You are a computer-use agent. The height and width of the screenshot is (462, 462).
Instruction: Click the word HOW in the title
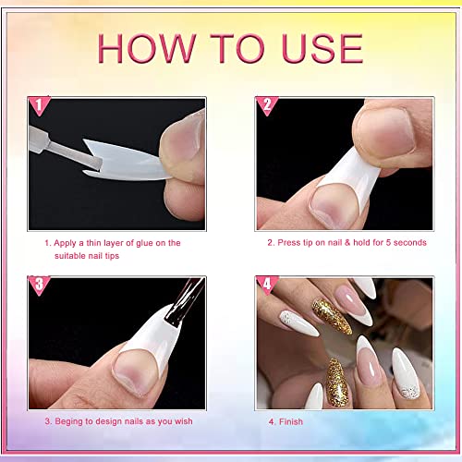point(147,48)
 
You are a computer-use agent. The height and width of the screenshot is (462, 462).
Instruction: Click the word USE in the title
point(322,48)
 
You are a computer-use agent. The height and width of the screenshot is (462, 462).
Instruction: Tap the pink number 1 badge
point(39,105)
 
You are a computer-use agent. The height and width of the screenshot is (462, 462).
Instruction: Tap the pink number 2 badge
point(267,105)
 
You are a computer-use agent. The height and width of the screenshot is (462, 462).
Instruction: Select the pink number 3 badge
point(39,286)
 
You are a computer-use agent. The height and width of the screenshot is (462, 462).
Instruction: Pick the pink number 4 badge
point(267,286)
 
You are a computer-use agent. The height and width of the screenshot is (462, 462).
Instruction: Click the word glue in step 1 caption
point(144,243)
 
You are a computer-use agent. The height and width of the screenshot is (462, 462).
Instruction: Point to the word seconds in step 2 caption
point(410,243)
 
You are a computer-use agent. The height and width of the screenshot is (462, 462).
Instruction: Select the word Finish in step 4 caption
point(291,421)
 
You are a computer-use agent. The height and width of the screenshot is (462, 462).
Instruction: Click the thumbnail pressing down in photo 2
point(385,131)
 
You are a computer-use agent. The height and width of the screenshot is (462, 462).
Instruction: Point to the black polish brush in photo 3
point(185,302)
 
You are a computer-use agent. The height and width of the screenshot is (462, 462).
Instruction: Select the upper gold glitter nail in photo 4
point(331,316)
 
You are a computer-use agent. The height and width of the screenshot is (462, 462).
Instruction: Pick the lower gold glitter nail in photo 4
point(337,383)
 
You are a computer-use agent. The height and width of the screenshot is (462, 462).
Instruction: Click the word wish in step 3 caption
point(184,421)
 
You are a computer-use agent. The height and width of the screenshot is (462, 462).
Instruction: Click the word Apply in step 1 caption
point(65,244)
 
